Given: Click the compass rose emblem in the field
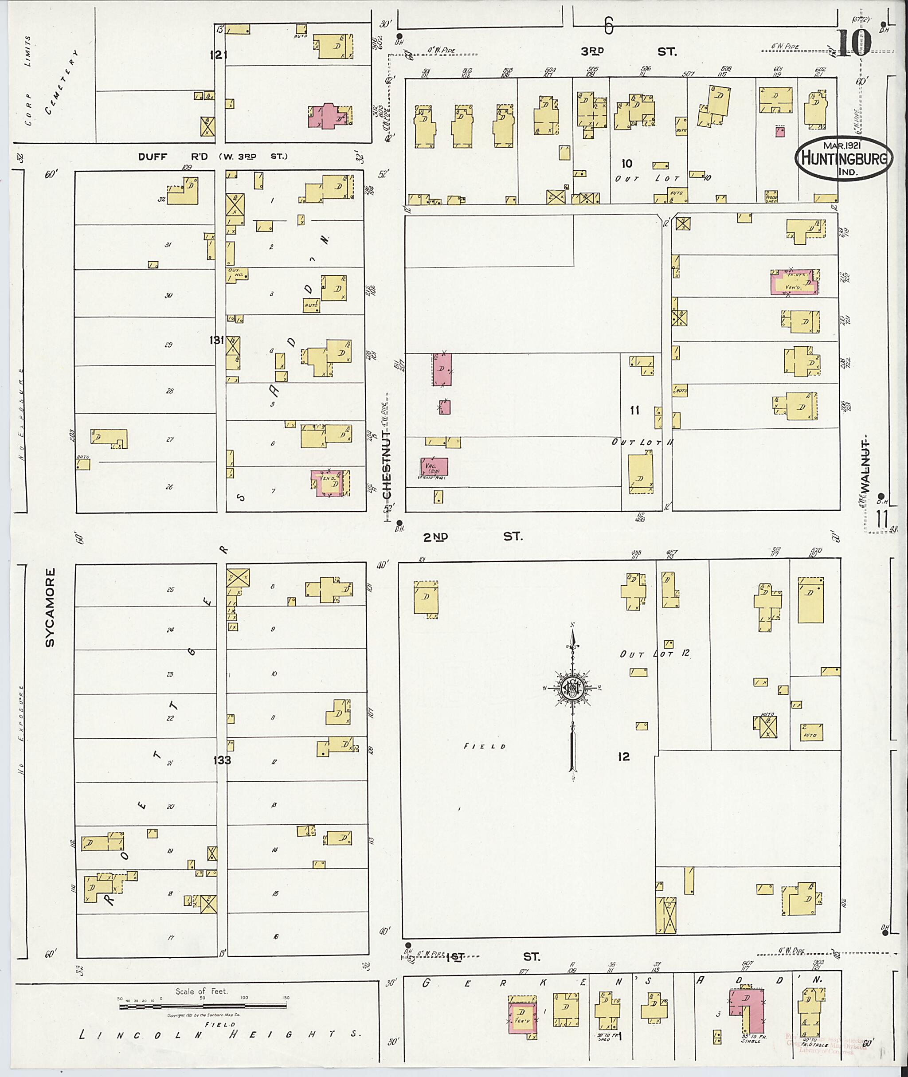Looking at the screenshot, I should pos(572,687).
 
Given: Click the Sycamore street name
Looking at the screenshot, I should pos(49,607).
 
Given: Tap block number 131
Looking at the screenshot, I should pos(216,340).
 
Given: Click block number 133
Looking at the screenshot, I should pos(223,760).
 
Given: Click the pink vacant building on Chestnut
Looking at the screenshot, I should pos(434,466).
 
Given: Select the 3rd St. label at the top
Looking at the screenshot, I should pos(628,51).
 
